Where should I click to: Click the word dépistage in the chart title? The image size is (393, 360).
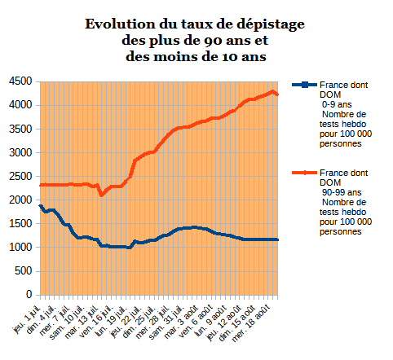click(x=271, y=25)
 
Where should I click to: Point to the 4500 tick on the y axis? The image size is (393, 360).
click(x=20, y=81)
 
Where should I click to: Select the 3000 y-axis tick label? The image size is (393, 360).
click(x=20, y=152)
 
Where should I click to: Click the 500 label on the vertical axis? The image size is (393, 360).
click(x=24, y=270)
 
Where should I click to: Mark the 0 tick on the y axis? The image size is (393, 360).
click(x=29, y=294)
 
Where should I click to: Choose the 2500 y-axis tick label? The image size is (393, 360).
click(x=20, y=176)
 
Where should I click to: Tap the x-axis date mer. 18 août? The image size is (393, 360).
click(x=251, y=323)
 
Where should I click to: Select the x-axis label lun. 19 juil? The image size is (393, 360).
click(x=112, y=322)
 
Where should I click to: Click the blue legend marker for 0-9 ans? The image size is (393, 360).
click(x=304, y=85)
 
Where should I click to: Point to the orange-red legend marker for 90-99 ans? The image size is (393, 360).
click(x=304, y=173)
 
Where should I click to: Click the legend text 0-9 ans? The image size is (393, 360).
click(x=337, y=104)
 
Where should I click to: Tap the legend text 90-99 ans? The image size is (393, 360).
click(x=342, y=192)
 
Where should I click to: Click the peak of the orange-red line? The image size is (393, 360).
click(x=272, y=92)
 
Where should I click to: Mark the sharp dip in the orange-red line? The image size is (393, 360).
click(x=101, y=195)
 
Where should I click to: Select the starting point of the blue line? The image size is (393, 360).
click(x=41, y=206)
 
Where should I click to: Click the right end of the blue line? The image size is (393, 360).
click(x=277, y=239)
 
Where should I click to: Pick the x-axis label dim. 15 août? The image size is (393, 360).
click(x=236, y=323)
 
